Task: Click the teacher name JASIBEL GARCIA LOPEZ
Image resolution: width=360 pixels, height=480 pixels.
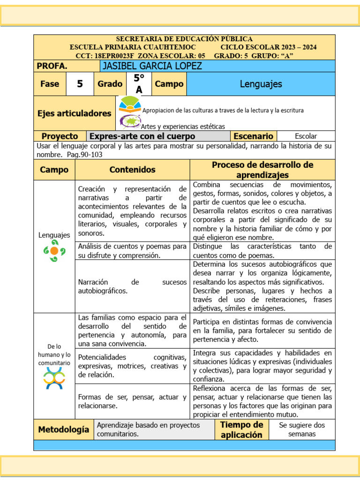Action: click(x=151, y=66)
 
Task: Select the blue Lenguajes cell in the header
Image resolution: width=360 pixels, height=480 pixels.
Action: click(x=261, y=84)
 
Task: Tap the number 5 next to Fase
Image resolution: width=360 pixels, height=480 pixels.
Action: click(x=80, y=84)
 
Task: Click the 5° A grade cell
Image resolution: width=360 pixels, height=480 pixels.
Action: click(x=139, y=84)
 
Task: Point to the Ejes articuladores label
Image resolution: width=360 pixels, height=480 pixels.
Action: click(x=74, y=113)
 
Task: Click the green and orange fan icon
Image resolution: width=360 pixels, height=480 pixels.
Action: click(x=130, y=105)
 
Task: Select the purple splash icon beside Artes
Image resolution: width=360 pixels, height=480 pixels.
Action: click(x=130, y=122)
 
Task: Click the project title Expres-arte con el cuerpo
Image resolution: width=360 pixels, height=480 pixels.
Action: click(x=142, y=136)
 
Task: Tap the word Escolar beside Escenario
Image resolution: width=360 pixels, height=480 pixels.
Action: click(x=306, y=136)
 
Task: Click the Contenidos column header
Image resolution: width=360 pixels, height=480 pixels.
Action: click(x=132, y=170)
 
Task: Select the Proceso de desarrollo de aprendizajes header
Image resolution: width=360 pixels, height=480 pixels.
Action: click(x=262, y=170)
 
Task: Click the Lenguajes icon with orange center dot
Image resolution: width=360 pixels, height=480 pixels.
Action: click(x=54, y=251)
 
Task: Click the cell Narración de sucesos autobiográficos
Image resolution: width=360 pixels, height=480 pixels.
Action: click(x=132, y=286)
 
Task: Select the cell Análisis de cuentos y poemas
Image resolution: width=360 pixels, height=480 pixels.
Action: click(x=132, y=251)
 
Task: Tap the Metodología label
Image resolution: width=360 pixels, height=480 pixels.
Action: click(x=63, y=429)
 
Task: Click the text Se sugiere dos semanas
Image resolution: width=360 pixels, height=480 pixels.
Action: click(x=301, y=429)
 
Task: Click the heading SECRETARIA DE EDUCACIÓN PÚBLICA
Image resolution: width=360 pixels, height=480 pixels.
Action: click(x=184, y=39)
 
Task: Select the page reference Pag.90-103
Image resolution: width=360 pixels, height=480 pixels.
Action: click(x=85, y=154)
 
